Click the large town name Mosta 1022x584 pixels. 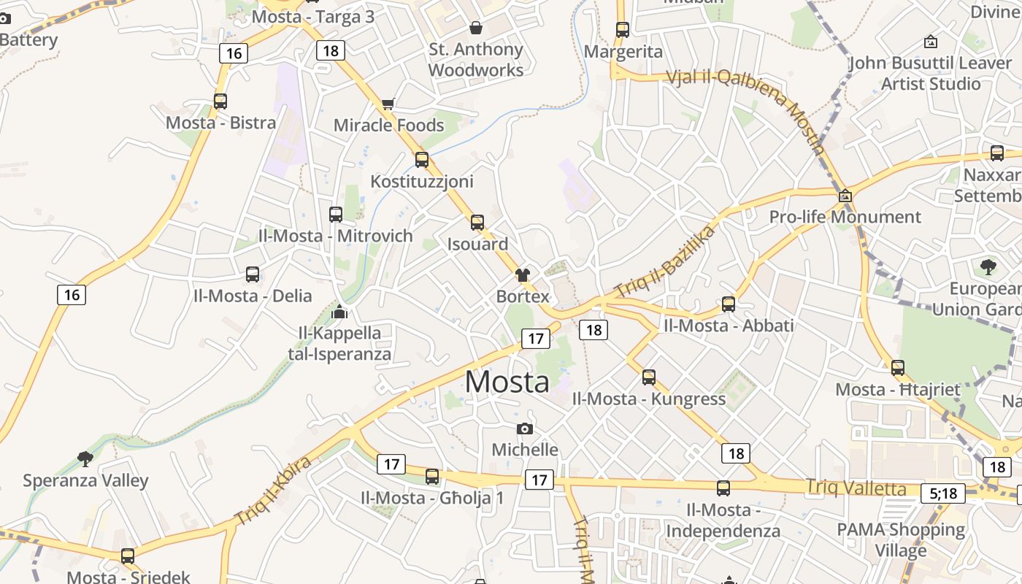coord(507,382)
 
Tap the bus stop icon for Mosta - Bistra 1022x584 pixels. coord(220,101)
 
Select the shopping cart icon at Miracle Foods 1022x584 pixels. coord(388,104)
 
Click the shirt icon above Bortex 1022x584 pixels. coord(523,275)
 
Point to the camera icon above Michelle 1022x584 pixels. coord(524,429)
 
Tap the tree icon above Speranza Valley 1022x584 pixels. coord(85,458)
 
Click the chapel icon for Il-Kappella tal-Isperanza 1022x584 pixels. coord(339,312)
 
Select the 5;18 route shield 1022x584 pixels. coord(943,493)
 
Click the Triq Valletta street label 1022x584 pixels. coord(856,488)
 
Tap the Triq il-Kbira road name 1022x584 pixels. coord(274,491)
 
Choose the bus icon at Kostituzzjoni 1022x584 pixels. coord(422,160)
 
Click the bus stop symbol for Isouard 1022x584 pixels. coord(477,223)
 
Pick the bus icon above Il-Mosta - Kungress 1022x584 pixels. coord(649,377)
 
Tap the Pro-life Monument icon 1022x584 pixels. coord(845,196)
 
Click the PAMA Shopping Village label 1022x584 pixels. coord(900,539)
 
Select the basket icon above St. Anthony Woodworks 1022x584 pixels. coord(476,28)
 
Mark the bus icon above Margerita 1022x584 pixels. coord(623,30)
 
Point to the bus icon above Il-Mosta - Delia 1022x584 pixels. coord(253,274)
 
